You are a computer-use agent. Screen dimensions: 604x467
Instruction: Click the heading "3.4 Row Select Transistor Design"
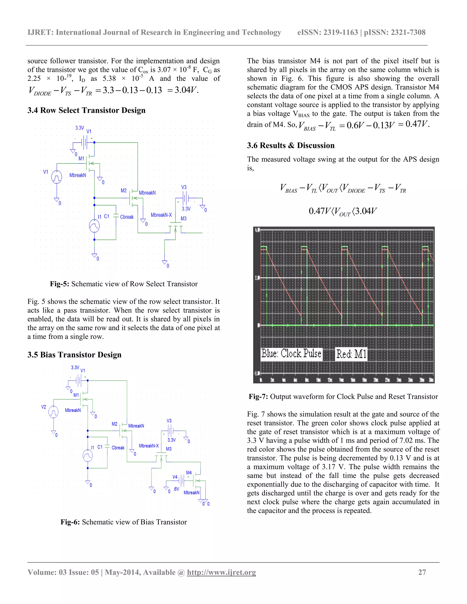click(86, 110)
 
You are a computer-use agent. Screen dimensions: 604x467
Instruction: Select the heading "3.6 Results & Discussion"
click(291, 145)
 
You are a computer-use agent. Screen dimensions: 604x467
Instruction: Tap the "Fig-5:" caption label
click(60, 284)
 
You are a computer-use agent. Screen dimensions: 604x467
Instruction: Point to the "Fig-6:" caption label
click(70, 522)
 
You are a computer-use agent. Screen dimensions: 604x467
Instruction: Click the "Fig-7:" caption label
click(258, 397)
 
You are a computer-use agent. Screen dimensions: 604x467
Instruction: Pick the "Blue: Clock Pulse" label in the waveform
click(291, 354)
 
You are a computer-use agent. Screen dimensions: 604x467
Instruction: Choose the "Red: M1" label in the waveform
click(351, 354)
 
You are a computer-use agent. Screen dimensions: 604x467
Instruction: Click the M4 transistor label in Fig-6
click(189, 473)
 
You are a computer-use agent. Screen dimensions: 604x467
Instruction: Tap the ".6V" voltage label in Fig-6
click(176, 489)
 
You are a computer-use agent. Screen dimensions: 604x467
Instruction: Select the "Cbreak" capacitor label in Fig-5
click(127, 217)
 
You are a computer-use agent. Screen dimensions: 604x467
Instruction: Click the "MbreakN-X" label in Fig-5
click(161, 215)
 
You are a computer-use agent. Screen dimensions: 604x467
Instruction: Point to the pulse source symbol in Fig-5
click(57, 177)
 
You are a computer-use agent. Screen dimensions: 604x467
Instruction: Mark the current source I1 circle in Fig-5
click(94, 226)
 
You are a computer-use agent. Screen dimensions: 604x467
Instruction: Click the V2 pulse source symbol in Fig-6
click(53, 412)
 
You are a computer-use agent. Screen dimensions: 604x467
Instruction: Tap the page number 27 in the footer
click(422, 573)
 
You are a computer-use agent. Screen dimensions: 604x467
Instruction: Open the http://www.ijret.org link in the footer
click(221, 573)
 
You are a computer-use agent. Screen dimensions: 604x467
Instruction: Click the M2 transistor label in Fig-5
click(123, 191)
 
